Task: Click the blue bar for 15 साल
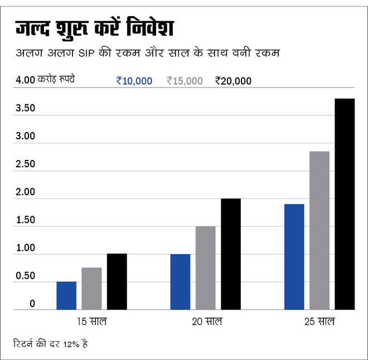click(66, 295)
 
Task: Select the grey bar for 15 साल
click(91, 289)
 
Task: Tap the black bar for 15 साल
click(117, 281)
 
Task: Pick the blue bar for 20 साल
click(180, 281)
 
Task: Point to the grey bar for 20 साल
click(205, 267)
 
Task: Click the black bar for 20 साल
click(231, 254)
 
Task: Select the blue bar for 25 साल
click(294, 256)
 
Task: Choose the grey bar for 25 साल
click(319, 230)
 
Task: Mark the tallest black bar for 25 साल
click(345, 204)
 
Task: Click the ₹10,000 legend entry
click(134, 81)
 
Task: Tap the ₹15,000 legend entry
click(185, 81)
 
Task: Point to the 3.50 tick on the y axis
click(26, 108)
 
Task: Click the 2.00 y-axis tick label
click(26, 192)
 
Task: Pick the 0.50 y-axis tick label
click(26, 276)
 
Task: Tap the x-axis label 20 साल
click(206, 322)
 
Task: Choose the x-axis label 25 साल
click(319, 322)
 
